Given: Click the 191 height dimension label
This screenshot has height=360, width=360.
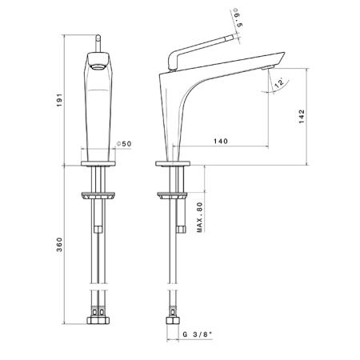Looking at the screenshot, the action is [x=60, y=100].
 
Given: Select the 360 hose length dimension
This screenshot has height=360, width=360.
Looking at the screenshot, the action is [x=60, y=245].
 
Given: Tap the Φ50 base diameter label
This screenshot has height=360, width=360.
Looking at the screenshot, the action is [x=124, y=144].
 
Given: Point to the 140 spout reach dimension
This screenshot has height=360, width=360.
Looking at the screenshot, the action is [x=221, y=141].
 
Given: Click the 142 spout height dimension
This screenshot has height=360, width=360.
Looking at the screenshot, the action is [x=302, y=116].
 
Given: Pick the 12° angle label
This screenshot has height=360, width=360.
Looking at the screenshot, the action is [x=279, y=83].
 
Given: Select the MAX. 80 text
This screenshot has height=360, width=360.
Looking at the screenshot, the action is [x=199, y=218].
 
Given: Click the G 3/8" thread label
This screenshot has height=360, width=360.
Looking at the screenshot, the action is [x=198, y=334].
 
